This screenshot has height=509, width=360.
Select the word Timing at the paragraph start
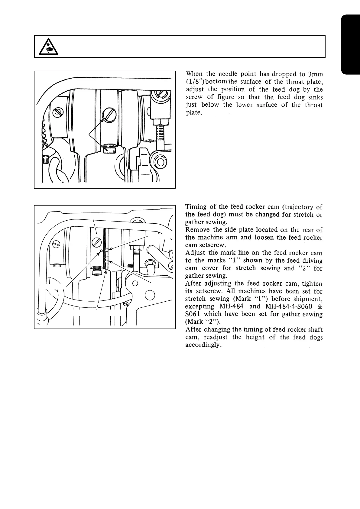196,207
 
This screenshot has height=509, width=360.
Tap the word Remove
197,230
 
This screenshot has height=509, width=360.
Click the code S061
193,314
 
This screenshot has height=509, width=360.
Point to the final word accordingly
203,345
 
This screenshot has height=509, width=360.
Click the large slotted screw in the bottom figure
96,242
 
